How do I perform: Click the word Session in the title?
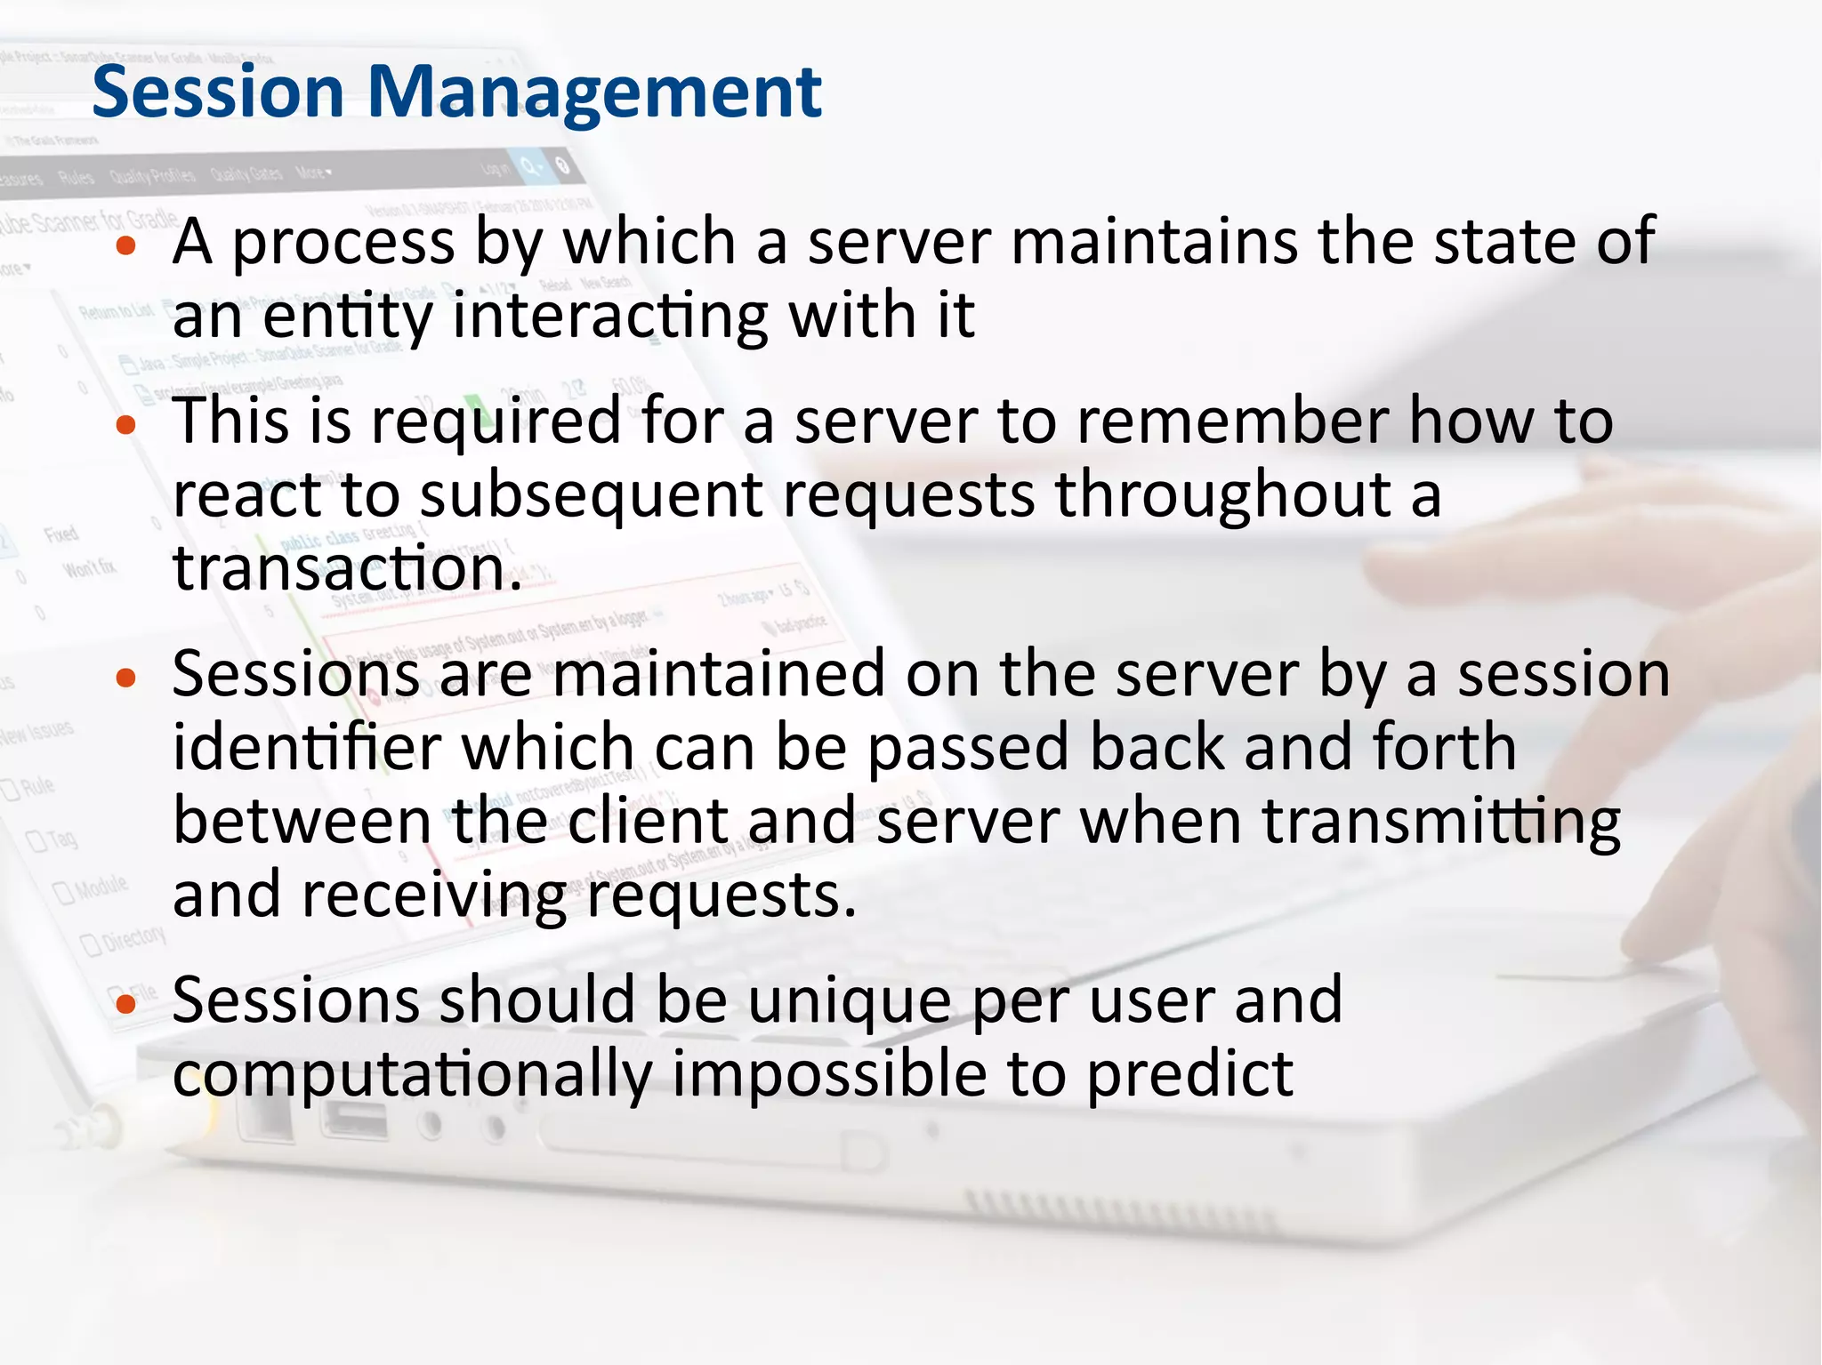point(217,92)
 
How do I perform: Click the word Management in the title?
point(594,93)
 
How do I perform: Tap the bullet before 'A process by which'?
point(126,245)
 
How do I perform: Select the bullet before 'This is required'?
point(126,425)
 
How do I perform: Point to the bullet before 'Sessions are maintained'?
point(126,678)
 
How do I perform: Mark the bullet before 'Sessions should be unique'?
point(126,1004)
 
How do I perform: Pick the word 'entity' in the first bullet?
point(347,317)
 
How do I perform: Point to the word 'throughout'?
point(1222,496)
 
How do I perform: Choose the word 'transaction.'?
point(347,569)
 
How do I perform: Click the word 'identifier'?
point(307,749)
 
